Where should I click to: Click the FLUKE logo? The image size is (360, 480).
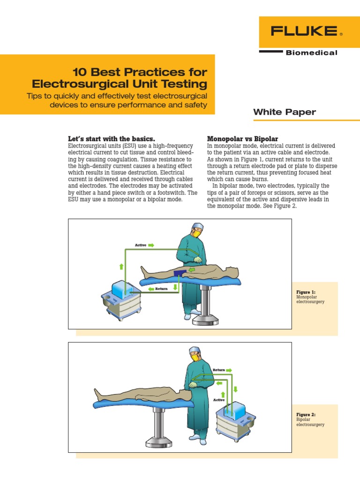point(304,32)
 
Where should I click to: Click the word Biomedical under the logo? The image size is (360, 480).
point(311,53)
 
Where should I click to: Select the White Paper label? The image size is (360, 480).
point(285,112)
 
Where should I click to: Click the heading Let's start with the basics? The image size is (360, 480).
point(111,139)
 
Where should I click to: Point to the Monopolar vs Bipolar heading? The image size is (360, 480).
point(242,139)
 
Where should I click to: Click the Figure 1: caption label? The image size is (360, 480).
point(306,292)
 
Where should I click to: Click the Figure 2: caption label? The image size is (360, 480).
point(306,415)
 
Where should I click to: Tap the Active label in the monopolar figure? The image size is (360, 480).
point(141,245)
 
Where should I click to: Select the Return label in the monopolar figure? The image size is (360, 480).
point(162,289)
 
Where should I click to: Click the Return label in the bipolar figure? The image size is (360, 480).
point(219,370)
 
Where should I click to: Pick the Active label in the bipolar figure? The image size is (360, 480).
point(219,400)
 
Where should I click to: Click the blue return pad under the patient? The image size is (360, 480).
point(180,274)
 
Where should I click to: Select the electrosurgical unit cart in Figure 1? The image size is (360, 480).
point(121,298)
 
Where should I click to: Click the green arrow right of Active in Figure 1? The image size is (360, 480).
point(151,245)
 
